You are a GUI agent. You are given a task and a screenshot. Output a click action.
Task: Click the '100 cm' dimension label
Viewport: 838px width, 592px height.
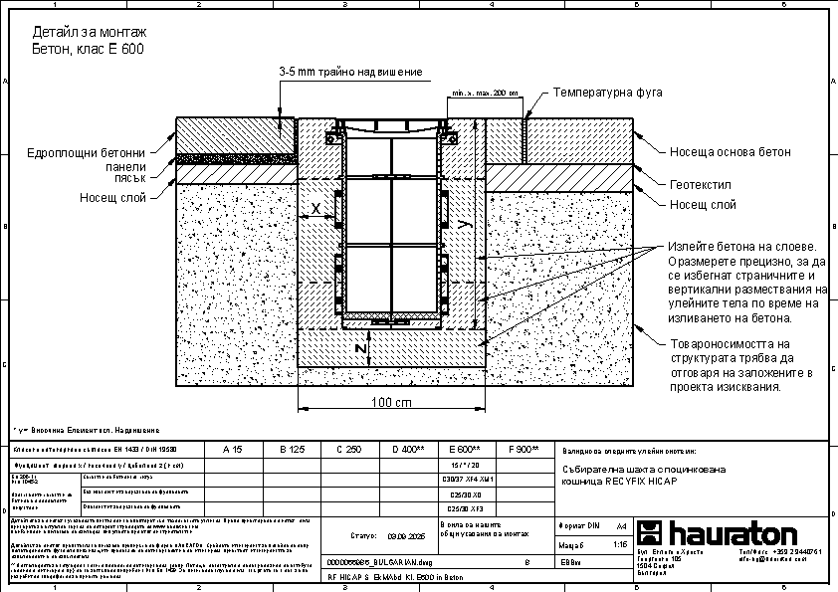pos(391,403)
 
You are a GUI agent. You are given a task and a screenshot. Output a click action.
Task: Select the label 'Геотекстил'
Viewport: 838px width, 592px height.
pos(700,186)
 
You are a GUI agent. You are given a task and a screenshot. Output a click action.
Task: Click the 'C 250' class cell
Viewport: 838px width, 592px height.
pos(348,450)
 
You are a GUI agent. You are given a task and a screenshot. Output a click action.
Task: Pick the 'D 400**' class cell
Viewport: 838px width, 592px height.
pos(408,450)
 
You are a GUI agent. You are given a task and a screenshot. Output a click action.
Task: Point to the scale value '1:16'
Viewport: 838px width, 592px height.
pos(620,544)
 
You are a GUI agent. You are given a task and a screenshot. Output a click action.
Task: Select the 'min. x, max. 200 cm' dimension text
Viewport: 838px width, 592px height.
pos(485,95)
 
